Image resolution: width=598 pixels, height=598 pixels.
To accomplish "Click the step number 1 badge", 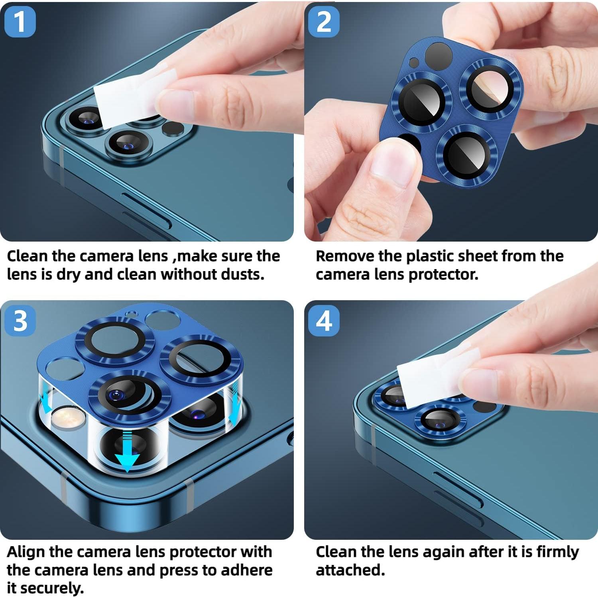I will tap(20, 22).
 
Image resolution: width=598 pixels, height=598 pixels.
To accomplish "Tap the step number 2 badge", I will tap(324, 22).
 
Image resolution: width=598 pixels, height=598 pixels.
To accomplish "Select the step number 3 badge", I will tap(20, 321).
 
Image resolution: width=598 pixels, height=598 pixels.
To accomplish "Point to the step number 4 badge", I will tap(324, 321).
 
